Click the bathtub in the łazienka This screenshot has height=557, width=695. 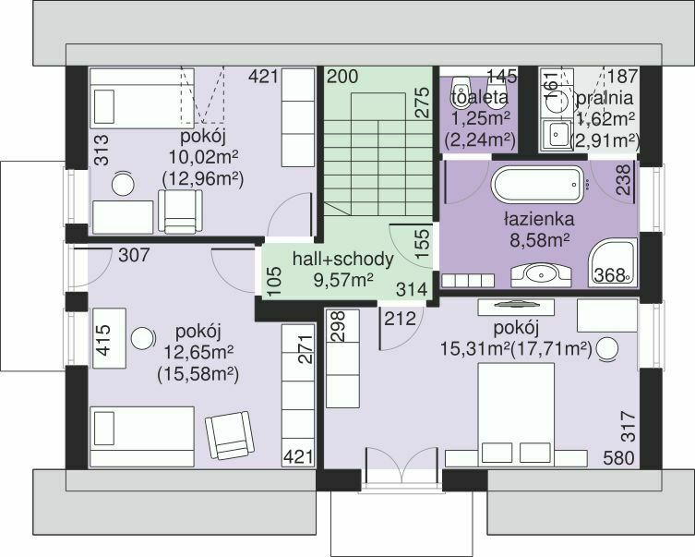[541, 185]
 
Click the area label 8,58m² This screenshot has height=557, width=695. [539, 240]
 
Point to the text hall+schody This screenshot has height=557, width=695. [342, 260]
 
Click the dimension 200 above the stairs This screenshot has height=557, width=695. [342, 77]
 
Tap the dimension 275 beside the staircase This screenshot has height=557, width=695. [423, 103]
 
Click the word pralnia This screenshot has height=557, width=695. [604, 98]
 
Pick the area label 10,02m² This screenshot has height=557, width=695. [203, 156]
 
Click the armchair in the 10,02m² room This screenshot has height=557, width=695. [180, 212]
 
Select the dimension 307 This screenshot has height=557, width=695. [135, 255]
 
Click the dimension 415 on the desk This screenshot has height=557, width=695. [103, 340]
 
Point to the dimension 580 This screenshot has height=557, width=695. [618, 457]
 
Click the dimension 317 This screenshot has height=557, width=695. [628, 427]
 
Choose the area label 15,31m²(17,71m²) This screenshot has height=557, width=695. [516, 349]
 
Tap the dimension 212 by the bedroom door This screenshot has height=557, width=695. [401, 319]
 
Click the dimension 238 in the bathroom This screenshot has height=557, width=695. [623, 179]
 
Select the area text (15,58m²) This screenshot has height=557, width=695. [198, 375]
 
